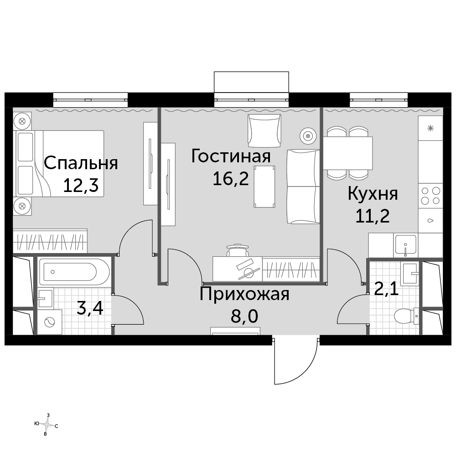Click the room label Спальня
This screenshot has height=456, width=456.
81,163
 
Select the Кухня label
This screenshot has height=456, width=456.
373,193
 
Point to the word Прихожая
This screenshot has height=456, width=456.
244,294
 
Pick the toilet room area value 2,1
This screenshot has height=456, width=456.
386,289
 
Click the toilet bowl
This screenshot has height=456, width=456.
406,316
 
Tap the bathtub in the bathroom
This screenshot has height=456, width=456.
74,272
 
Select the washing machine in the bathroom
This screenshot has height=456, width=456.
50,322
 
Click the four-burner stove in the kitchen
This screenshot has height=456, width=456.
430,196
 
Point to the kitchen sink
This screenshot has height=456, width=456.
405,245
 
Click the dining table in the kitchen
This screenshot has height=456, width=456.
348,153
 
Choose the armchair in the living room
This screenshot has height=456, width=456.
264,130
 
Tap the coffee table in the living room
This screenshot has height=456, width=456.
264,187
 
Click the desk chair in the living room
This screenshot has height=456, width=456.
238,250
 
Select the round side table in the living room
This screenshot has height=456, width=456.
308,136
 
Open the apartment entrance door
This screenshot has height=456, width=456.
295,360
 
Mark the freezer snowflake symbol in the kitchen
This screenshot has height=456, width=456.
430,128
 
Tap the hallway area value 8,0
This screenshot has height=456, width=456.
244,316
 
